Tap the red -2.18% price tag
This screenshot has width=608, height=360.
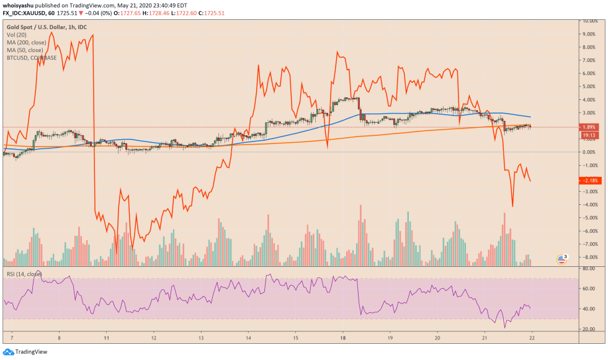pos(589,181)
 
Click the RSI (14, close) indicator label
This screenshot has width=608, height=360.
pos(24,274)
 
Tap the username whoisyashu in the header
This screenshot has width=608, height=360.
pos(19,4)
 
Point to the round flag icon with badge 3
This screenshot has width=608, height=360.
pos(561,259)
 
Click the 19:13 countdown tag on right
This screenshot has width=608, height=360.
pos(589,134)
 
